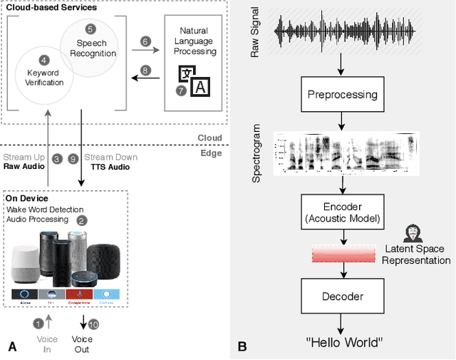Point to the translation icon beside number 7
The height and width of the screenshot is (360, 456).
195,81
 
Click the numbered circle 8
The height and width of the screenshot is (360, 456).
145,71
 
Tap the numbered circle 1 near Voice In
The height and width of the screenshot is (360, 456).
38,324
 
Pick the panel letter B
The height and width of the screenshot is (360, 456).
243,347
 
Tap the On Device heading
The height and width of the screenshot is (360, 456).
26,199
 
